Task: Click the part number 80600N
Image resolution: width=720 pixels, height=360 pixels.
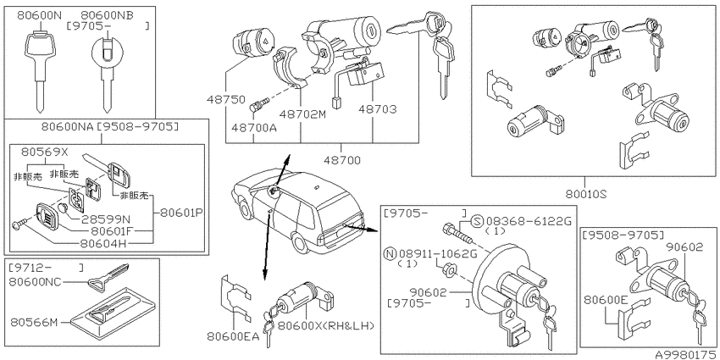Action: click(39, 15)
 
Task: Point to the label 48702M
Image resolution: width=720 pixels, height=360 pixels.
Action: click(301, 114)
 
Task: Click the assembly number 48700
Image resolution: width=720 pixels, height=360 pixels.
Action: click(342, 160)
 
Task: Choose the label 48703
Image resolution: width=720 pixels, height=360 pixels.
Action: click(378, 109)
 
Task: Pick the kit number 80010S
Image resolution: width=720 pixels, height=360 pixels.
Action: click(584, 193)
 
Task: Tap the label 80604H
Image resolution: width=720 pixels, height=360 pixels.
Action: click(102, 241)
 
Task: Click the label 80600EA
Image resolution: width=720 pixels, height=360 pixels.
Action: click(233, 337)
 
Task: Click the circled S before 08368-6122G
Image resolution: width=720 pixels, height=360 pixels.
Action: click(478, 222)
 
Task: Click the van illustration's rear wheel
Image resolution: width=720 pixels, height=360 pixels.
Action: click(301, 242)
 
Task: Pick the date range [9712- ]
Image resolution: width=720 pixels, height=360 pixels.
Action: click(46, 267)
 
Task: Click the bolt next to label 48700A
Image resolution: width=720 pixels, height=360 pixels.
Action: click(256, 107)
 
